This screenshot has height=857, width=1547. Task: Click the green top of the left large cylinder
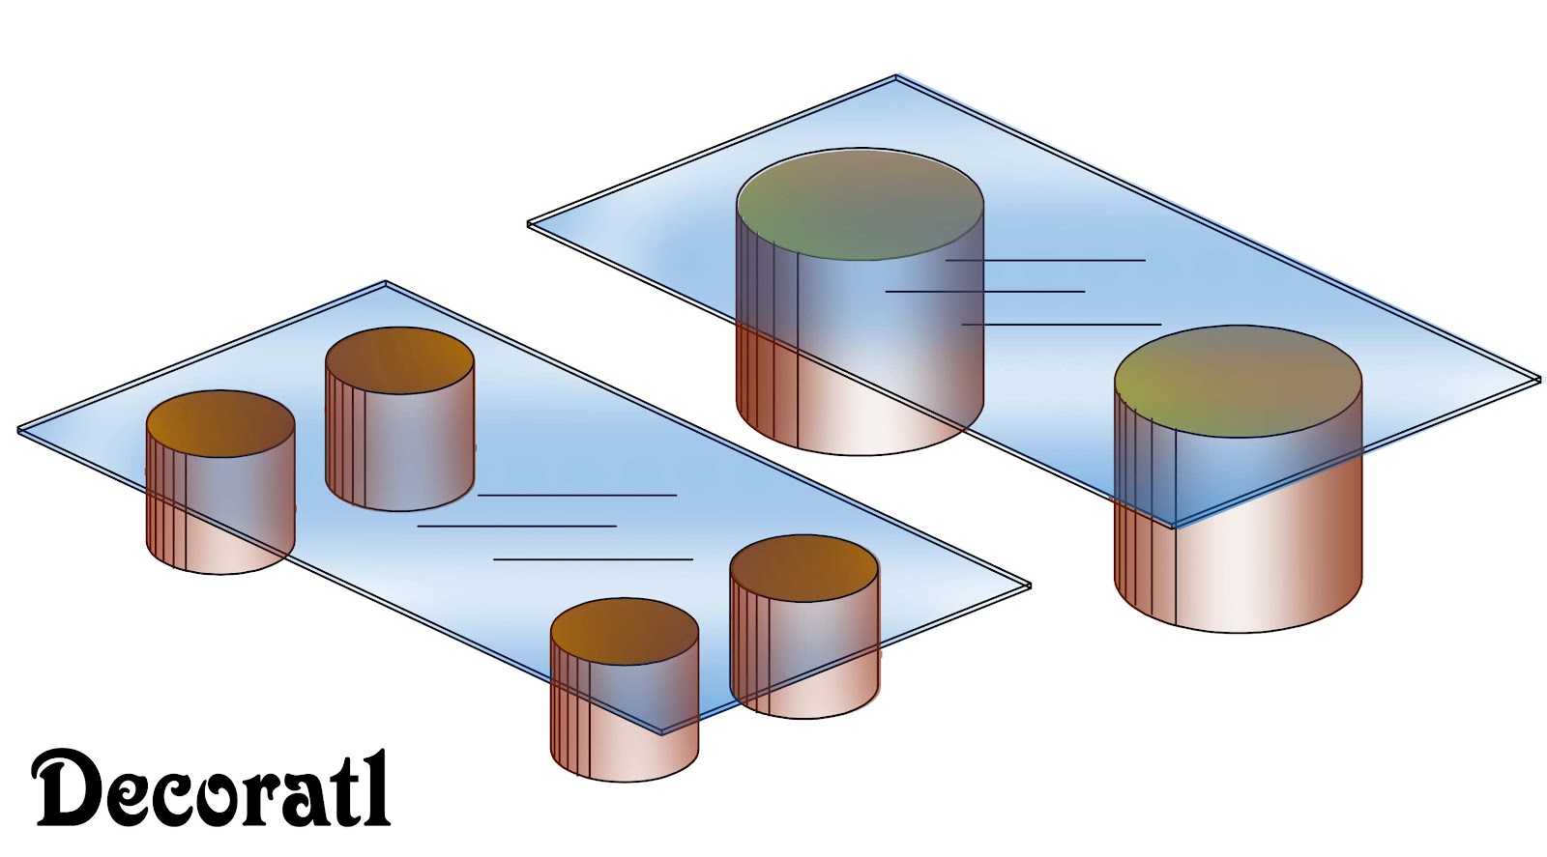[860, 204]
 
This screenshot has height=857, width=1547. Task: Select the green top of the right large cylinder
[1238, 382]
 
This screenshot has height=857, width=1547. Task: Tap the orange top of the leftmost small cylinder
[220, 423]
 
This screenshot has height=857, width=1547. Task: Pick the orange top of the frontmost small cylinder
[625, 631]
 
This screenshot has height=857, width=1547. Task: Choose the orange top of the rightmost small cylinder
[804, 568]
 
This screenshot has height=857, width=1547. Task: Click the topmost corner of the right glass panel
[896, 77]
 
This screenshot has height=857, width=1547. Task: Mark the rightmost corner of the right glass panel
[1538, 380]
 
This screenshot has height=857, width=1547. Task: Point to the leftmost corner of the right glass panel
[530, 225]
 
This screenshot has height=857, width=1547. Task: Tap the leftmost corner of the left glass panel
[20, 431]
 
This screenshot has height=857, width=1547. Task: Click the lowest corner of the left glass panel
[662, 732]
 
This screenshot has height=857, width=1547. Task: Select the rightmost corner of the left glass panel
[1029, 586]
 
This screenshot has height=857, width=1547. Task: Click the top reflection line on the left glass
[577, 495]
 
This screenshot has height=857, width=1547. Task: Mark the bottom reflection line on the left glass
[593, 558]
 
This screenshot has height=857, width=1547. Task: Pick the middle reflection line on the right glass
[985, 291]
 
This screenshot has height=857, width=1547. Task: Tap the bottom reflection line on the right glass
[1062, 324]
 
